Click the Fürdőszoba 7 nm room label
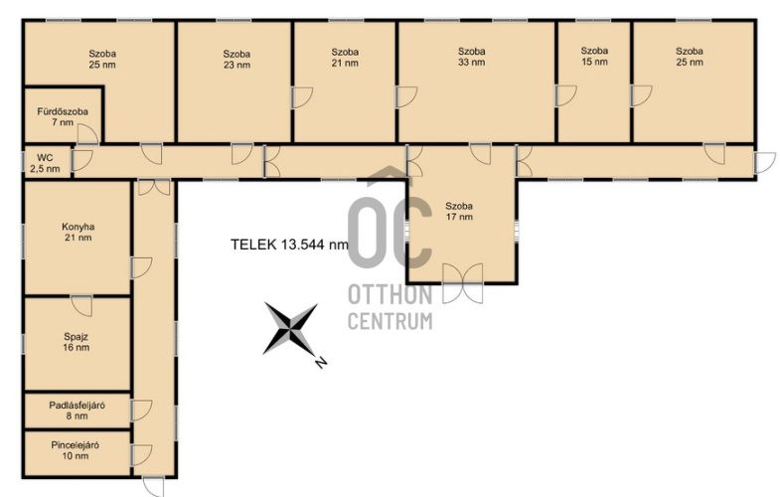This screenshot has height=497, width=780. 63,117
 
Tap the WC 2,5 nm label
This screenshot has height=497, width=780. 45,164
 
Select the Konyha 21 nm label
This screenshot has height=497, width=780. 78,232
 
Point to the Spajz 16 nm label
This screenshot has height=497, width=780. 77,342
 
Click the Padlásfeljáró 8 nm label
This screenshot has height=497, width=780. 78,411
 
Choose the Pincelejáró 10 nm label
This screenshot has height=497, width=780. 76,450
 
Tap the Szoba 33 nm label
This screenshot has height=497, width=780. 472,57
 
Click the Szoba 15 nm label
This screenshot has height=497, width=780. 594,57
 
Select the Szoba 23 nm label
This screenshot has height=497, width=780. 236,60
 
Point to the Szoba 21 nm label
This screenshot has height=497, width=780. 345,58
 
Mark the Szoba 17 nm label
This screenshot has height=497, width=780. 459,211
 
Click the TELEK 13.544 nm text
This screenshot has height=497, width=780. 289,245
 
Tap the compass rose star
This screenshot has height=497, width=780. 290,329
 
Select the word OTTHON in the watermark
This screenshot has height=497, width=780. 390,295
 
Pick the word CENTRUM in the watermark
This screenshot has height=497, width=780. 390,321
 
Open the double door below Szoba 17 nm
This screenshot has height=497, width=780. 463,283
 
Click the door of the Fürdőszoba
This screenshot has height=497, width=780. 88,134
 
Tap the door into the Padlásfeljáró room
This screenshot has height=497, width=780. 141,411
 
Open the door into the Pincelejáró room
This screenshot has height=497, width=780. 141,455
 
